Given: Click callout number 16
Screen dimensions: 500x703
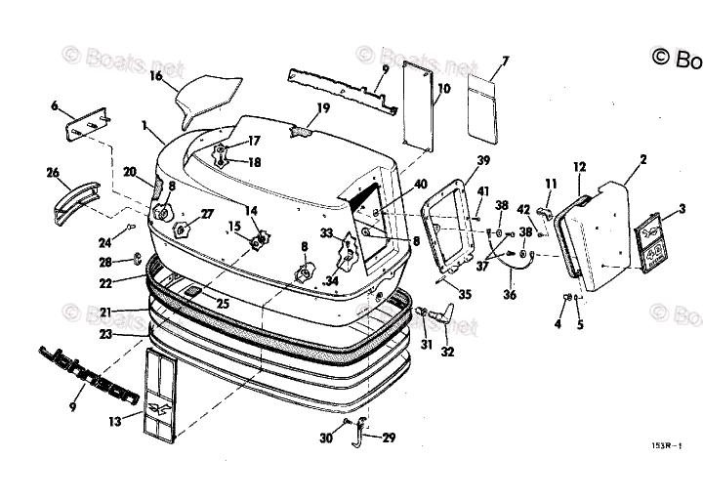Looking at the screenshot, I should pos(155,75).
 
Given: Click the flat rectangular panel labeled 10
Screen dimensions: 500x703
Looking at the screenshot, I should pos(417,103).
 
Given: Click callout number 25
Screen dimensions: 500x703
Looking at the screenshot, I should pos(223,304).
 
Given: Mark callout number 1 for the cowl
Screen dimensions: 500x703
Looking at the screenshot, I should pos(145,126).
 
